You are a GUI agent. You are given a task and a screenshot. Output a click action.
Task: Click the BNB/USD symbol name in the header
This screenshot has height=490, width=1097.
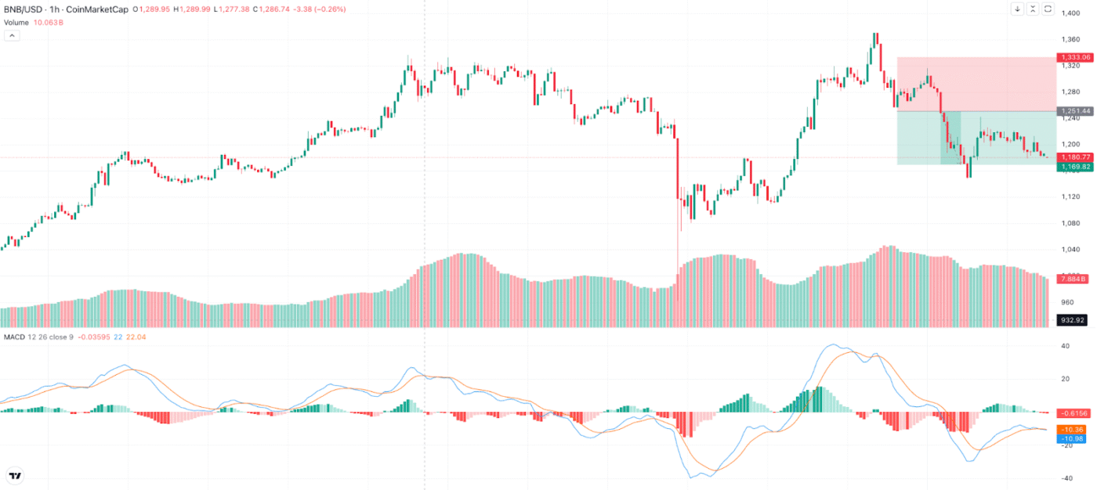(x=22, y=9)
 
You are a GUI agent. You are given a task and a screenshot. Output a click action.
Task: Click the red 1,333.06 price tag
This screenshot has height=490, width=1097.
(x=1074, y=57)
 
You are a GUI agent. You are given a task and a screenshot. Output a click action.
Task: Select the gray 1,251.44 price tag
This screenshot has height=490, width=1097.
(x=1074, y=111)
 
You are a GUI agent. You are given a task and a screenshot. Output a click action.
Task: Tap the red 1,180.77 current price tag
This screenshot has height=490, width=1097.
(x=1074, y=157)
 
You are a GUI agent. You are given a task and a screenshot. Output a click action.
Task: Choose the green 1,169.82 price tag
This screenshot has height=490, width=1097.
(x=1074, y=167)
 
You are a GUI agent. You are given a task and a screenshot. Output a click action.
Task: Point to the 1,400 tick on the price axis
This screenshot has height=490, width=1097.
(x=1071, y=13)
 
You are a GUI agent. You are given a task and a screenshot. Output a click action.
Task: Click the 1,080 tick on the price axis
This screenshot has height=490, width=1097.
(x=1071, y=223)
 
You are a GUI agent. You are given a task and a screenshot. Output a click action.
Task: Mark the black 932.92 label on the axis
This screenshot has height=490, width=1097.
(x=1073, y=319)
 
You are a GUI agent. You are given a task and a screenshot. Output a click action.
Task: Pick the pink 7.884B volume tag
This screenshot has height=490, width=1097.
(x=1072, y=279)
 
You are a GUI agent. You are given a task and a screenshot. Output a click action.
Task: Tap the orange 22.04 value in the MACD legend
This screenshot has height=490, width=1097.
(x=136, y=337)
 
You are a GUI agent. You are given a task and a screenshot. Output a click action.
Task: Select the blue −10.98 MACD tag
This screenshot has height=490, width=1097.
(x=1071, y=439)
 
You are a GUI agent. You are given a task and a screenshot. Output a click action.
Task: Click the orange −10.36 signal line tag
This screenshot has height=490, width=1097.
(x=1071, y=430)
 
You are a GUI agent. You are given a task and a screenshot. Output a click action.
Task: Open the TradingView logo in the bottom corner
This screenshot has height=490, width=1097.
(x=15, y=475)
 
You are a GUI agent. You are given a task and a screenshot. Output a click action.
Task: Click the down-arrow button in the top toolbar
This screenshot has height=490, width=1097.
(x=1017, y=9)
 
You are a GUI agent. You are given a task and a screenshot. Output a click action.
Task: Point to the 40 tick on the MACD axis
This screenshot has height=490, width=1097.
(x=1064, y=346)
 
